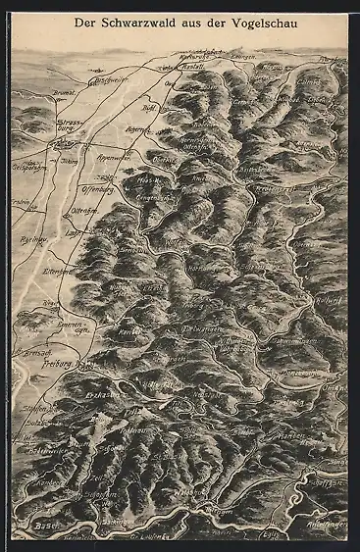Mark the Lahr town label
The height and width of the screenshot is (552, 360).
click(x=73, y=234)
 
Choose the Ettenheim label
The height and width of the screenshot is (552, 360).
click(x=55, y=271)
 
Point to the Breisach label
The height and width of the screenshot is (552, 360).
click(x=27, y=349)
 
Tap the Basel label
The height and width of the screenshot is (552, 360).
click(x=45, y=526)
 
